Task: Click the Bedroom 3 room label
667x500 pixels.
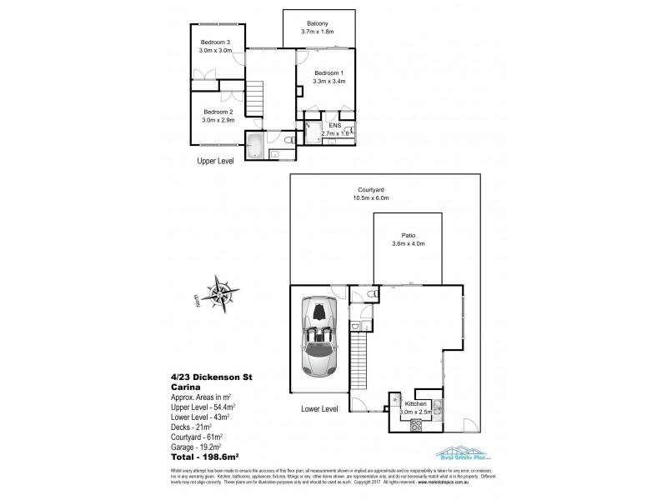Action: coord(214,42)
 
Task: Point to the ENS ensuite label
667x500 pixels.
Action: coord(334,126)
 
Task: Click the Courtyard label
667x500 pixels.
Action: coord(371,191)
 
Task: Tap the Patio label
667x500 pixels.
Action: coord(409,237)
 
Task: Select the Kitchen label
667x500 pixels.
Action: coord(415,403)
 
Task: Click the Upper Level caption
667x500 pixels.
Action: coord(215,161)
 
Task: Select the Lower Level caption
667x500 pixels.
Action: coord(320,409)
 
